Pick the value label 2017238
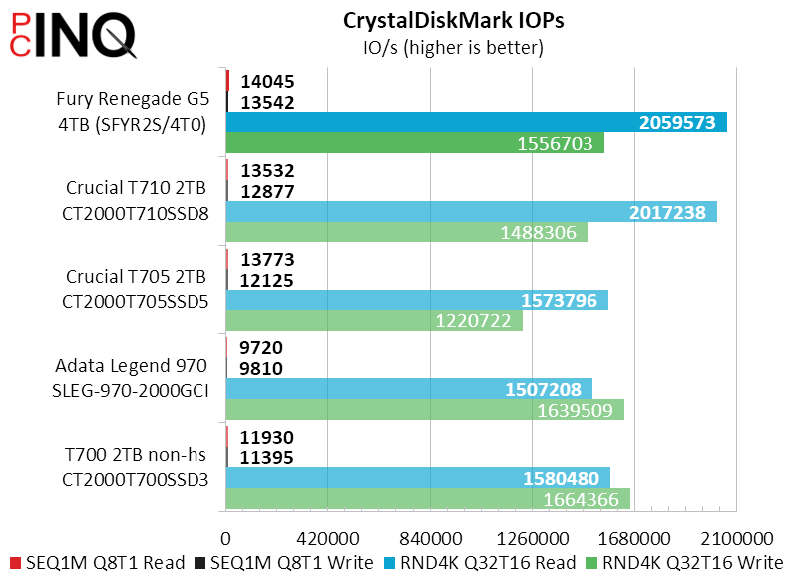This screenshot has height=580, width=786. pyautogui.click(x=667, y=212)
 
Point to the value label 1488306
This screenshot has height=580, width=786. pyautogui.click(x=539, y=233)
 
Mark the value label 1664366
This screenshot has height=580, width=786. pyautogui.click(x=581, y=499)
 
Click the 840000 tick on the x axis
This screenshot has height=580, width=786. pyautogui.click(x=430, y=534)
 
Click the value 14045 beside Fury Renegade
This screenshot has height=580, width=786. pyautogui.click(x=267, y=82)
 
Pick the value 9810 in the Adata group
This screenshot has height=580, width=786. pyautogui.click(x=262, y=369)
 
